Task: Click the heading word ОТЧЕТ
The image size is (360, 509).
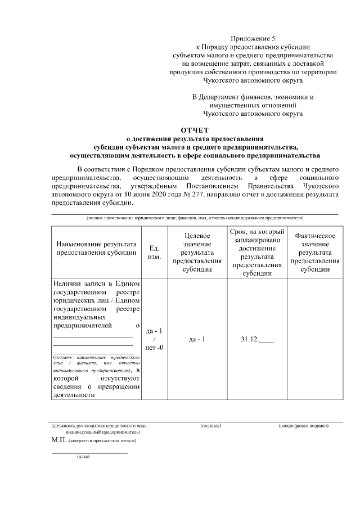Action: point(195,130)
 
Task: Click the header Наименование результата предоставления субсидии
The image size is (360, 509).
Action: point(96,249)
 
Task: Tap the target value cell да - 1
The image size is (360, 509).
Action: point(196,340)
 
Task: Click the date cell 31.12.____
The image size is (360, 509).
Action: point(257,340)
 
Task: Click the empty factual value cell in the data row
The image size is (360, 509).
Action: point(314,340)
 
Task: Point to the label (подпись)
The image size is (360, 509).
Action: point(210,426)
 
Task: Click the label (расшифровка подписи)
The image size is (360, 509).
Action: point(303,426)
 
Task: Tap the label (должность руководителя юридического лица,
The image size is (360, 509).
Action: point(100,426)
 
